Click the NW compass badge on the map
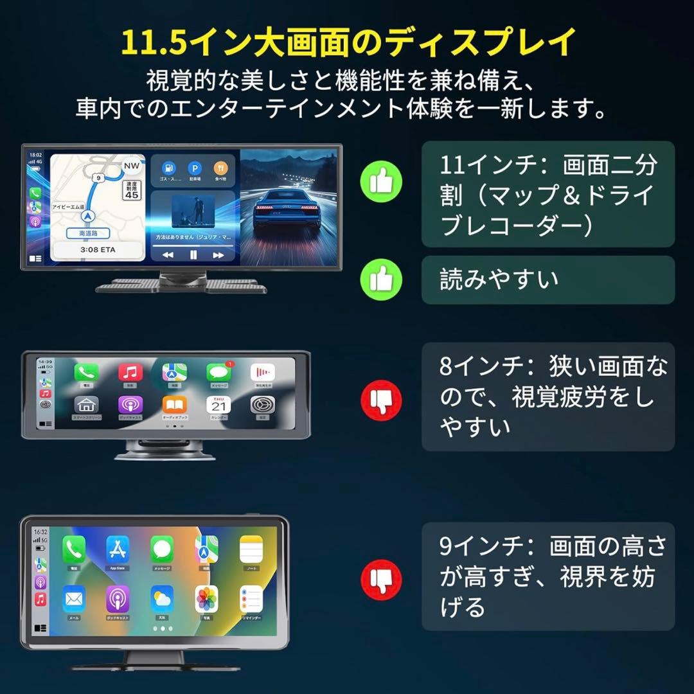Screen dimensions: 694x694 (x=131, y=165)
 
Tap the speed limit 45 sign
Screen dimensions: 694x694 (x=131, y=190)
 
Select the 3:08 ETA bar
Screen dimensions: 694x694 (x=98, y=249)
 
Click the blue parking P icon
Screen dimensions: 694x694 (x=194, y=168)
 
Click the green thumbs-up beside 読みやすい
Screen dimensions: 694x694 (x=381, y=280)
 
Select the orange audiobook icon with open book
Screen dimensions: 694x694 (x=174, y=405)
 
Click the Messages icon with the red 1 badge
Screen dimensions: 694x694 (x=218, y=373)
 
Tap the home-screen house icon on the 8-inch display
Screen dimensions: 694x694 (x=86, y=405)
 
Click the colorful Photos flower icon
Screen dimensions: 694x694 (x=206, y=599)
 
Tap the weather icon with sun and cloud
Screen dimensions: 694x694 (x=162, y=599)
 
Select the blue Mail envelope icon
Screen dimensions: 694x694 (x=74, y=599)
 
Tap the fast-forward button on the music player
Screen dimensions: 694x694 (x=218, y=255)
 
